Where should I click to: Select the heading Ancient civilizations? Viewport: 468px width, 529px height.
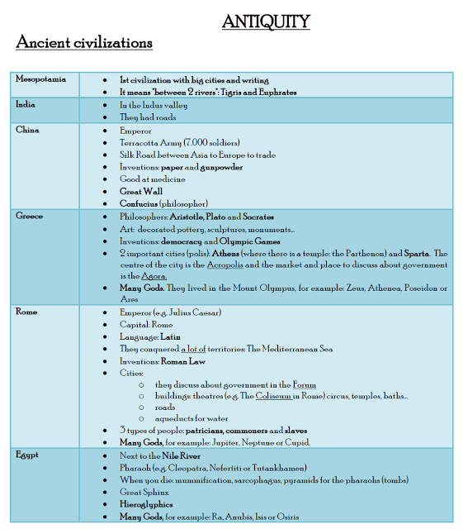84,42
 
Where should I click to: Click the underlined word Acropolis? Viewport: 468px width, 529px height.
234,265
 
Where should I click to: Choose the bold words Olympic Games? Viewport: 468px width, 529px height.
240,241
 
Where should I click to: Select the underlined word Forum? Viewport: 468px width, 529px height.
304,384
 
